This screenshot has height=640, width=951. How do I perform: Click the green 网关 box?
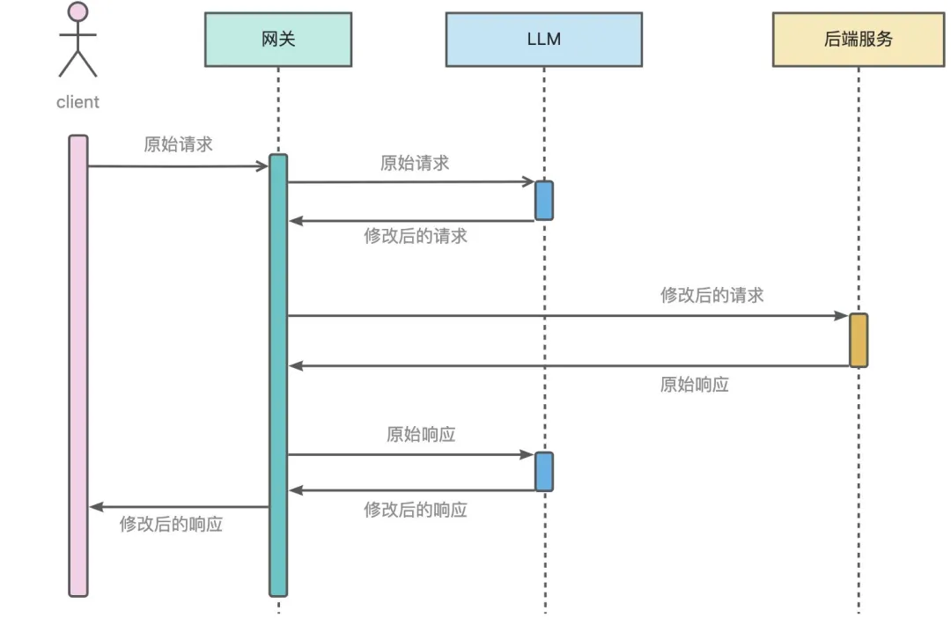click(x=278, y=40)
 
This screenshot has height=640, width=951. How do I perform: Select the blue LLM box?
click(x=543, y=40)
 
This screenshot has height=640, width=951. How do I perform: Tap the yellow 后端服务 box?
click(x=859, y=40)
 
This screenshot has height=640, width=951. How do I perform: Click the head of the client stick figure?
click(x=77, y=12)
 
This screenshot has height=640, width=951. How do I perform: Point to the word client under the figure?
click(x=77, y=102)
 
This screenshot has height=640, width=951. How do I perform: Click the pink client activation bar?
click(x=78, y=365)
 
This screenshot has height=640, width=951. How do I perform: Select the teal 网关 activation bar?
click(x=278, y=374)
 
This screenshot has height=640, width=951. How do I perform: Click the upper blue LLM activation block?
click(x=544, y=201)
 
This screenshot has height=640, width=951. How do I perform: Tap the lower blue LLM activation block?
click(x=544, y=472)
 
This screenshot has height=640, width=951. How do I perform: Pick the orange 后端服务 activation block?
click(x=859, y=340)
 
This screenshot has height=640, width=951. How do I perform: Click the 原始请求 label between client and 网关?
click(x=178, y=144)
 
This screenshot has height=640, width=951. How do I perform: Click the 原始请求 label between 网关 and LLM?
click(x=414, y=163)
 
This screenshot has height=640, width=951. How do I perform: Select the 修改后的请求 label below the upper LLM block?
click(x=415, y=236)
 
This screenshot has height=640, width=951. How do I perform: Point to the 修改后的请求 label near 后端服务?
click(x=711, y=296)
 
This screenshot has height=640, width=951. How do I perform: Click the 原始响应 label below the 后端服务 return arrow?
click(x=694, y=385)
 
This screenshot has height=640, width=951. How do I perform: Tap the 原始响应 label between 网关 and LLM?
click(x=420, y=434)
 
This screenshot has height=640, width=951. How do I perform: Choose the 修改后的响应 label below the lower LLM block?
click(x=415, y=510)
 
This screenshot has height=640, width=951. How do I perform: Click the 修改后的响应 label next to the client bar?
click(x=171, y=525)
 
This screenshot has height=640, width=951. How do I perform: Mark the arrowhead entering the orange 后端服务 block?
click(x=841, y=315)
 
